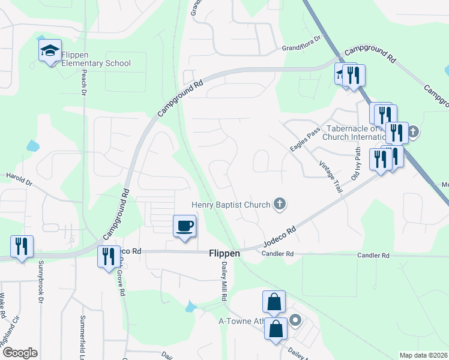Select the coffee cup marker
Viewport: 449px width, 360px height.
[x=185, y=226]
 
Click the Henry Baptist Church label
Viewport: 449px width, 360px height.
[x=231, y=205]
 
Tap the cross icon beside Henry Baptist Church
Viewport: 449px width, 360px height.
[x=279, y=205]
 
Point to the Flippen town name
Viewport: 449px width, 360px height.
[x=224, y=254]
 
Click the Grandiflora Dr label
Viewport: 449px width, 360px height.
[x=302, y=47]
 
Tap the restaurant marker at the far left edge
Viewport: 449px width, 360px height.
[x=22, y=247]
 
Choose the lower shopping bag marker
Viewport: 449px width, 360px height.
[x=276, y=329]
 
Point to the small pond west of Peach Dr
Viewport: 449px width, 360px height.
[x=32, y=145]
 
